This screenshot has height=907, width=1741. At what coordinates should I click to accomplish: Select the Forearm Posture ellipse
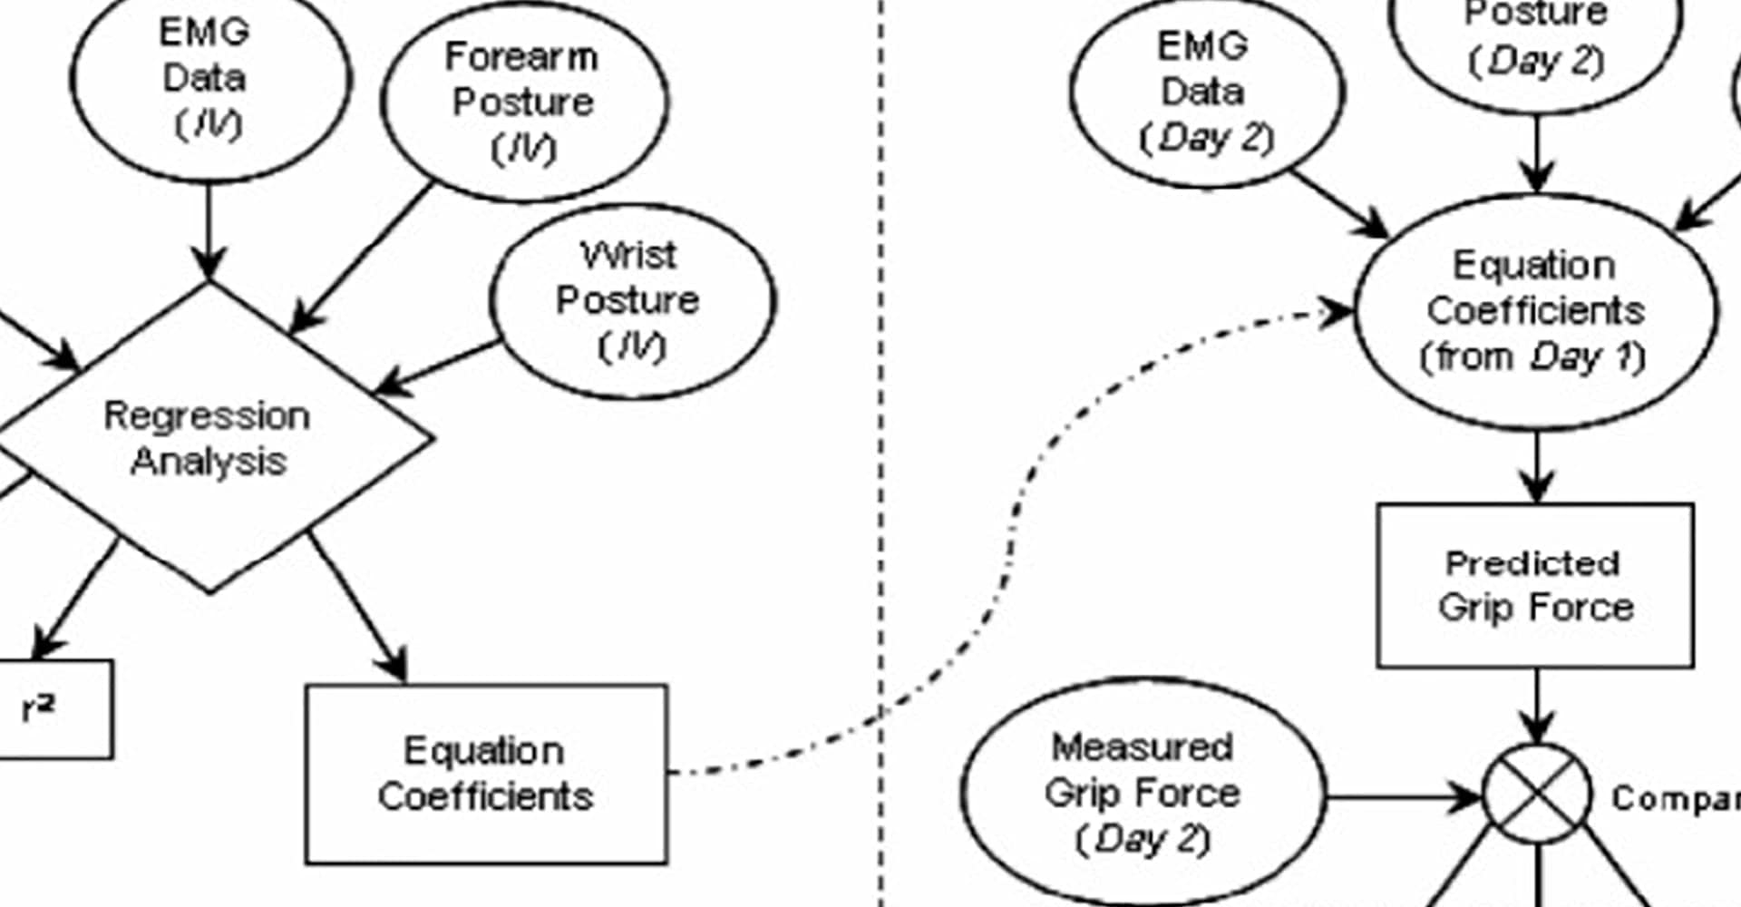pyautogui.click(x=524, y=102)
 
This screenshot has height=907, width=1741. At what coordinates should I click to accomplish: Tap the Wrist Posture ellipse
pyautogui.click(x=632, y=301)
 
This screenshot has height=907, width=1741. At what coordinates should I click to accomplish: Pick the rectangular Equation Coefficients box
pyautogui.click(x=486, y=774)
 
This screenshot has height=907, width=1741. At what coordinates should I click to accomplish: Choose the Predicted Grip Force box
pyautogui.click(x=1534, y=585)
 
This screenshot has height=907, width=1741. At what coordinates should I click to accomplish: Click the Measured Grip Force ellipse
pyautogui.click(x=1142, y=793)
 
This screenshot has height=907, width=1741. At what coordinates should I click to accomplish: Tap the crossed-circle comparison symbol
pyautogui.click(x=1536, y=795)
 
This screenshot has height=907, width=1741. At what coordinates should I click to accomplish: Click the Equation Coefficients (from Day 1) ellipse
pyautogui.click(x=1534, y=311)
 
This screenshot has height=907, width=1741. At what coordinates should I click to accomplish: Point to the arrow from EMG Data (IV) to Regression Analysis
pyautogui.click(x=209, y=231)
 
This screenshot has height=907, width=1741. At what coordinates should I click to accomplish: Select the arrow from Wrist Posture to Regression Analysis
pyautogui.click(x=440, y=367)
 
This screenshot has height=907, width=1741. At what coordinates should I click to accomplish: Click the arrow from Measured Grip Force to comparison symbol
pyautogui.click(x=1401, y=798)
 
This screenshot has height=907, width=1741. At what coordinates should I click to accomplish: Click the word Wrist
pyautogui.click(x=627, y=255)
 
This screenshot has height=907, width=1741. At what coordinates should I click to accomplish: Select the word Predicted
pyautogui.click(x=1532, y=563)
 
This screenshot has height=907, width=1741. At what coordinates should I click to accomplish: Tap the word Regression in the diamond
pyautogui.click(x=207, y=416)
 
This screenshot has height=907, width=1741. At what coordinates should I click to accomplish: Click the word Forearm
pyautogui.click(x=521, y=57)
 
